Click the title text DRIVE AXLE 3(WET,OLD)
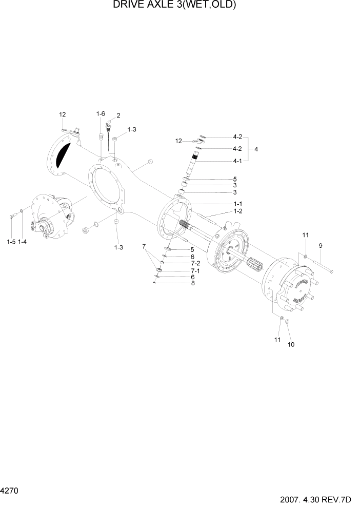point(174,6)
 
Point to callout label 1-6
point(101,113)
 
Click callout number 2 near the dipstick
point(118,115)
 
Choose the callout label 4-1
point(237,161)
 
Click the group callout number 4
point(256,149)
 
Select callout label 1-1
point(238,204)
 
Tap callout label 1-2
point(238,211)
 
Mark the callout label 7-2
point(195,263)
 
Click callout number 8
point(192,283)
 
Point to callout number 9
point(321,246)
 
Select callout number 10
point(291,344)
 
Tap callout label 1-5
point(11,241)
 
